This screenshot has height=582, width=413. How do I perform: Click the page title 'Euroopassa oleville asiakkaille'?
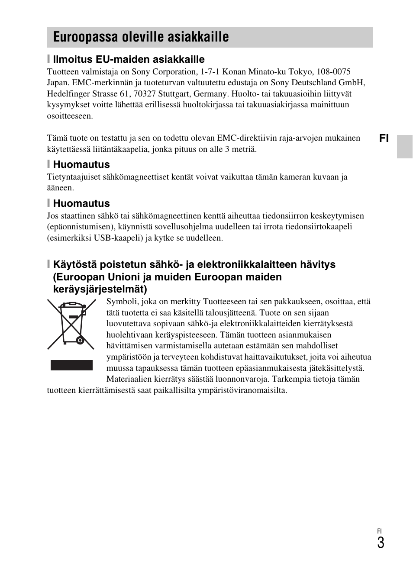point(141,37)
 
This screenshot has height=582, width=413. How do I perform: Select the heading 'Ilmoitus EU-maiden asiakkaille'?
point(129,59)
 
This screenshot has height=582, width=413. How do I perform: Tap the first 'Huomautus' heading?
point(81,164)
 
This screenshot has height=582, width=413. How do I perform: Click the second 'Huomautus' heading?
point(81,203)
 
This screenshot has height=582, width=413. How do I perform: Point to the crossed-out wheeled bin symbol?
point(71,325)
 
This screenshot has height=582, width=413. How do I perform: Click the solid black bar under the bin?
point(71,365)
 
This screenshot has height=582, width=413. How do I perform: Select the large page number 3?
point(380,543)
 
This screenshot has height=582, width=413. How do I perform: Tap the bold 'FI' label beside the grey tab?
point(384,138)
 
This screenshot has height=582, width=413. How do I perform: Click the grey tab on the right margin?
point(405,147)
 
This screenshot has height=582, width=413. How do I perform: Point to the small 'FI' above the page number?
point(379,531)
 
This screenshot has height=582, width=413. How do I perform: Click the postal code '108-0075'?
point(333,72)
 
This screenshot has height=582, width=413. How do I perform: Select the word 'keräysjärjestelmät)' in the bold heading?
point(100,289)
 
